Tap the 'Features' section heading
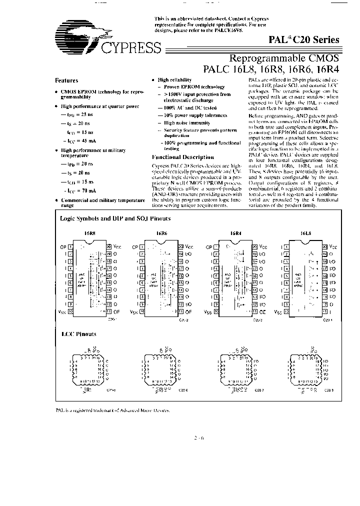click(66, 80)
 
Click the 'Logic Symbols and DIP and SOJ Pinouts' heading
click(115, 218)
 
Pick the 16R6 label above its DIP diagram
click(161, 233)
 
